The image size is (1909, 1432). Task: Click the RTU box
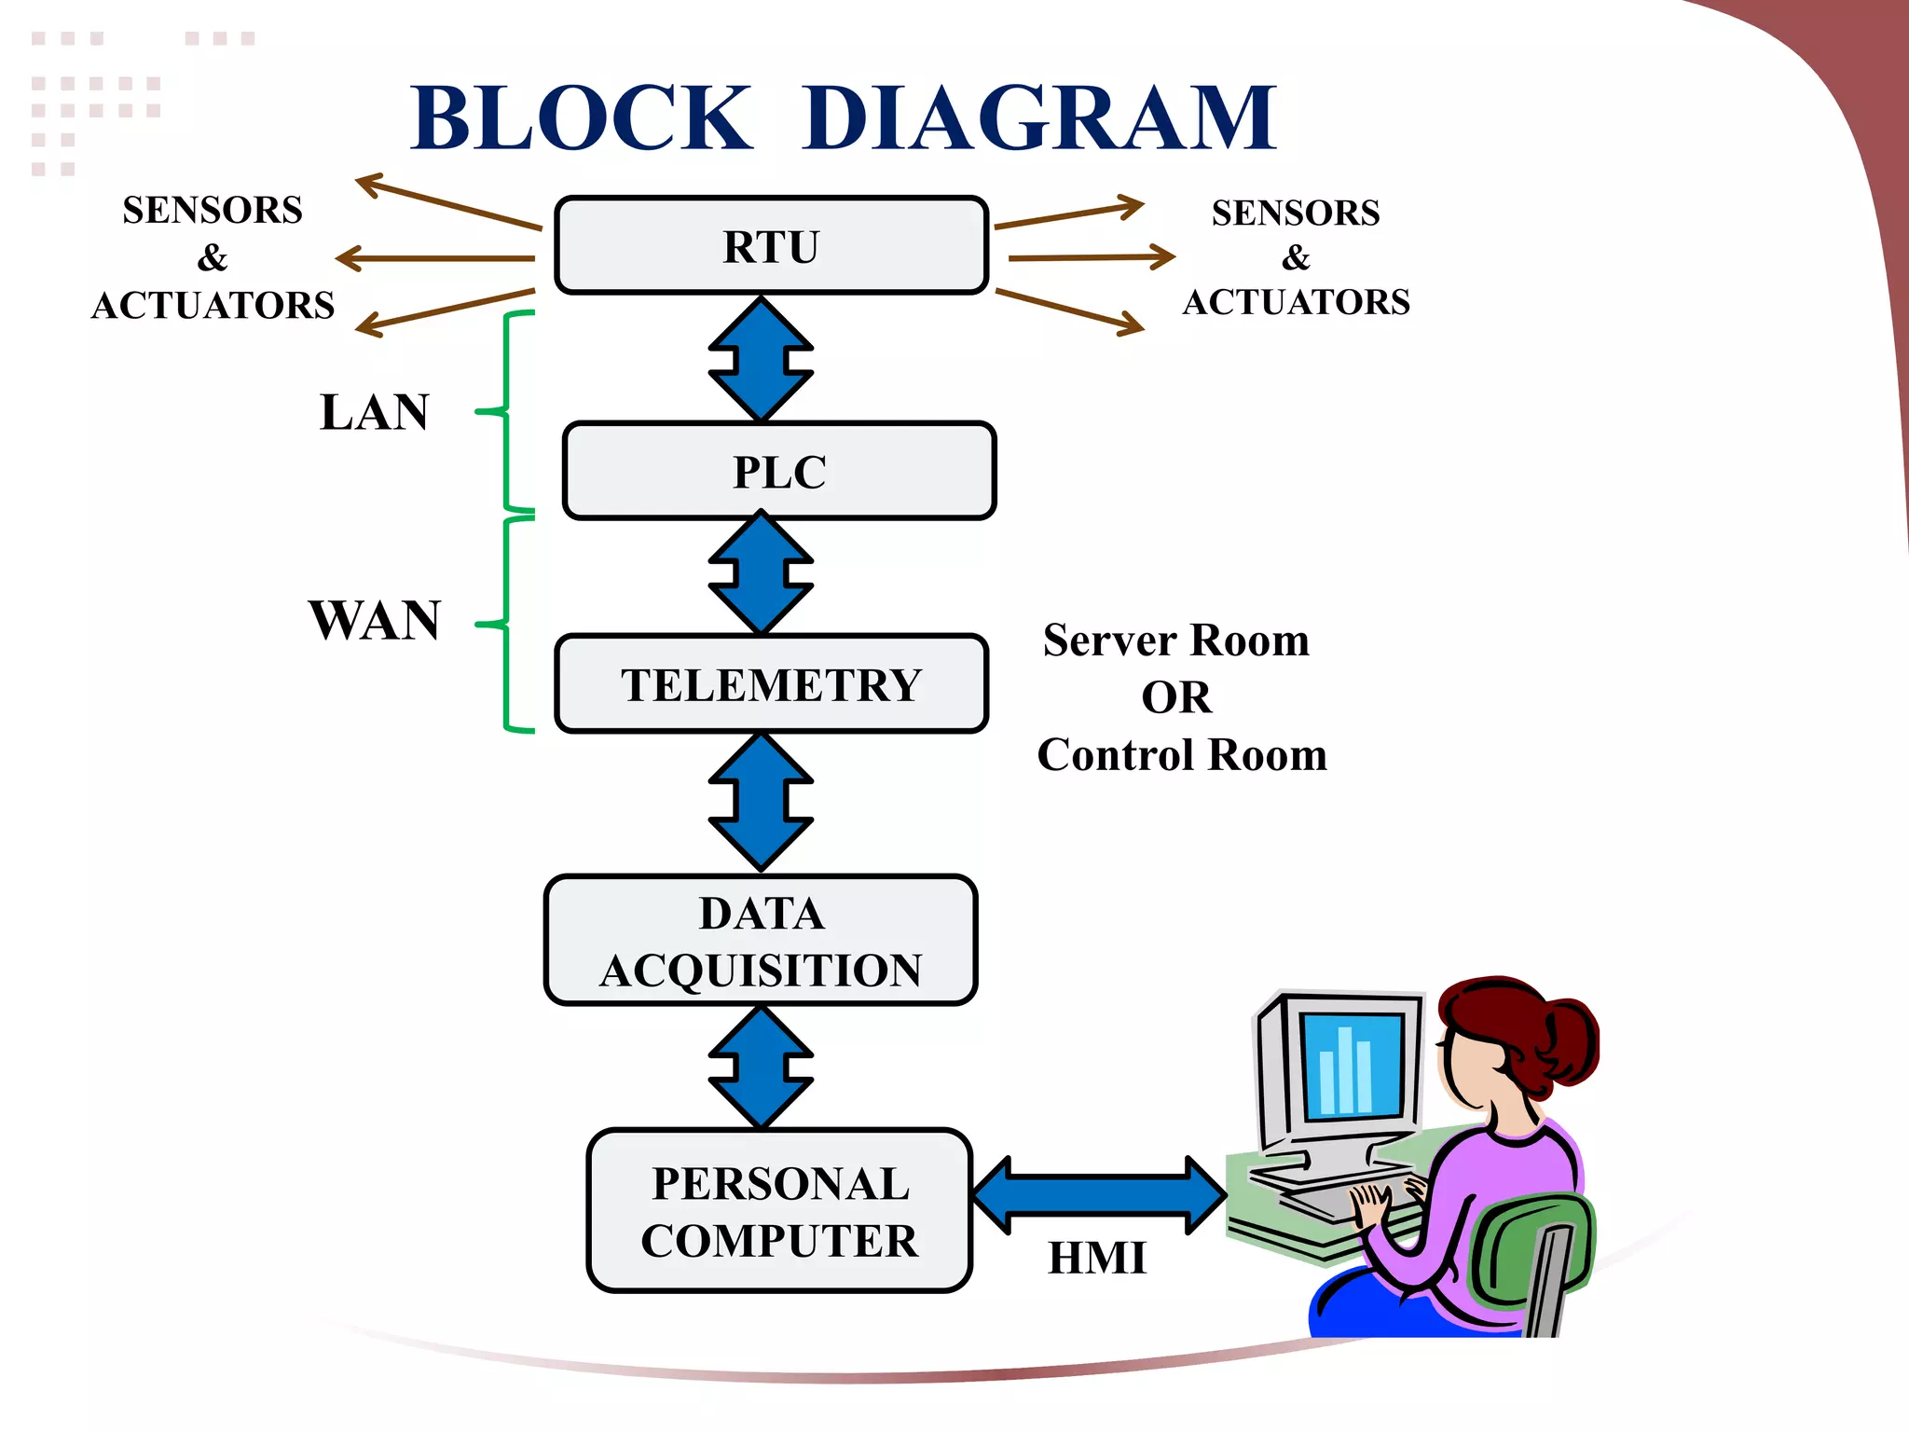pos(771,246)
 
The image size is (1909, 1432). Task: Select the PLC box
pos(779,471)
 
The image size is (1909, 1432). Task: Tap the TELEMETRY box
pos(771,684)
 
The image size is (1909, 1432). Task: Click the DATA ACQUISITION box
pos(761,941)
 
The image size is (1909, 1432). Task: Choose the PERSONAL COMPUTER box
pos(779,1211)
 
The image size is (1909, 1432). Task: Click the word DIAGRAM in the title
pos(1038,118)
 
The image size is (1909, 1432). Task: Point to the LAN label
pos(374,412)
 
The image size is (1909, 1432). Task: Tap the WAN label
pos(375,620)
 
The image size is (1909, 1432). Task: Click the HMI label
pos(1096,1258)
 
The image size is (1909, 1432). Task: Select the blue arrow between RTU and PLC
pos(761,359)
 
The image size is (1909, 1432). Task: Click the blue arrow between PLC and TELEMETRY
pos(761,572)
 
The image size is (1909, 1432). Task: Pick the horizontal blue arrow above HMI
pos(1098,1195)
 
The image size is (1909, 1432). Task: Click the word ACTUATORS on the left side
pos(213,306)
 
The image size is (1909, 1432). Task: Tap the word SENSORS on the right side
pos(1296,213)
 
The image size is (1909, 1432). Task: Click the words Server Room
pos(1176,640)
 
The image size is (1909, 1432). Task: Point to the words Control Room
pos(1182,755)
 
